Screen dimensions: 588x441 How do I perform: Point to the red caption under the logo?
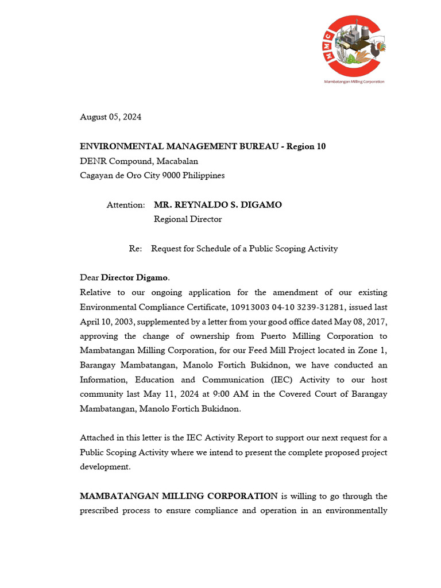click(354, 82)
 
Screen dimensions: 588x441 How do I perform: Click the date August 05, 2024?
click(110, 117)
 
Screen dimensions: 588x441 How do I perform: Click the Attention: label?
click(126, 205)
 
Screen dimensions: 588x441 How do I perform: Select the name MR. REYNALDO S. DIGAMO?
click(218, 205)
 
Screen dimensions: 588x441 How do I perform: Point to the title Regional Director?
click(188, 219)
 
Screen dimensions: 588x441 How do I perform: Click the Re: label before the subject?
click(135, 249)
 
